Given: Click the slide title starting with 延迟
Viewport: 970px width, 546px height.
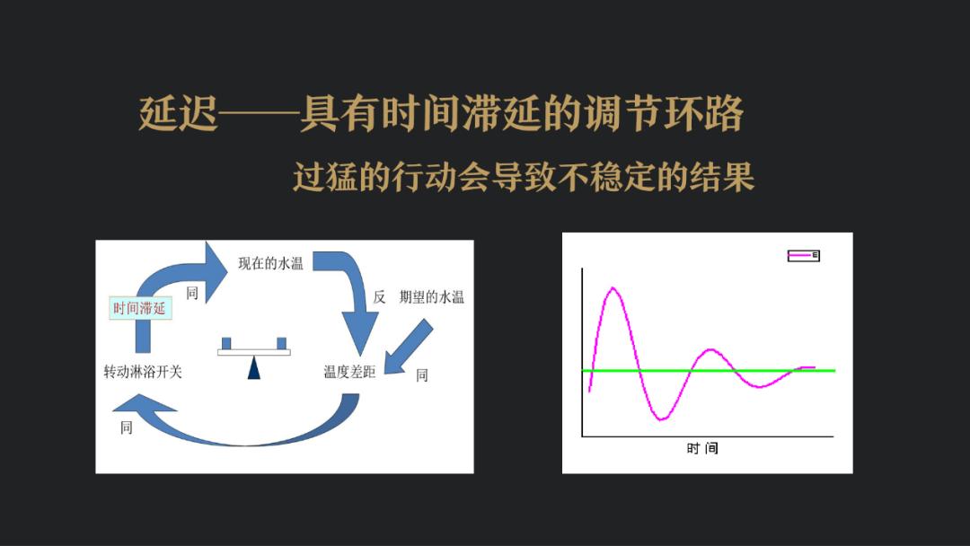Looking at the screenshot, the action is pos(440,114).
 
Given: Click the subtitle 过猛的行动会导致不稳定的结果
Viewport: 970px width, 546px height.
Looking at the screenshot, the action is pos(524,177).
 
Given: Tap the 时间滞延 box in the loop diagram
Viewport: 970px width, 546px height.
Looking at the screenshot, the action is pos(140,308).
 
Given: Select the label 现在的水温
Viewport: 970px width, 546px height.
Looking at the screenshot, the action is pos(270,263).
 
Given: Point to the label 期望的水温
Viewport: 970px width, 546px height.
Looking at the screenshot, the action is pos(432,297).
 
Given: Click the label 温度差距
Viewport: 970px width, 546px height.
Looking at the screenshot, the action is pos(349,371).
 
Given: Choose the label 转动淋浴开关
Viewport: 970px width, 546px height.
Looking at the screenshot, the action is pos(143,372).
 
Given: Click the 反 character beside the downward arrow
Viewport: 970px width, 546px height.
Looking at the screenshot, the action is pos(379,297).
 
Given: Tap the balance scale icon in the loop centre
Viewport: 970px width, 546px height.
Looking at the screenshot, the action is pos(253,357).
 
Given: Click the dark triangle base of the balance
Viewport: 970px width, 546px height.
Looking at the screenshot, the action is pos(253,368).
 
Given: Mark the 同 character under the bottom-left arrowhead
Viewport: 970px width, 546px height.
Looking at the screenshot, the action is pos(127,427).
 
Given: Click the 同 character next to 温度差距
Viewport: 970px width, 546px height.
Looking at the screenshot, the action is pos(422,374).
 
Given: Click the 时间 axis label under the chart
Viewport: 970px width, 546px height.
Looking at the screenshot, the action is pos(702,448).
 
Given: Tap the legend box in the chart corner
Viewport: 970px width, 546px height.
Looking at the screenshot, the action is pos(804,255).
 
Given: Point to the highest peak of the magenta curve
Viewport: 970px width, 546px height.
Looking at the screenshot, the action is pos(613,287).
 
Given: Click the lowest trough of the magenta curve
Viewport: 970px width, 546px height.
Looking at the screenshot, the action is pos(662,420).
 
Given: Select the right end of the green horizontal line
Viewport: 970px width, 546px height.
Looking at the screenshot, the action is pos(835,370).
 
